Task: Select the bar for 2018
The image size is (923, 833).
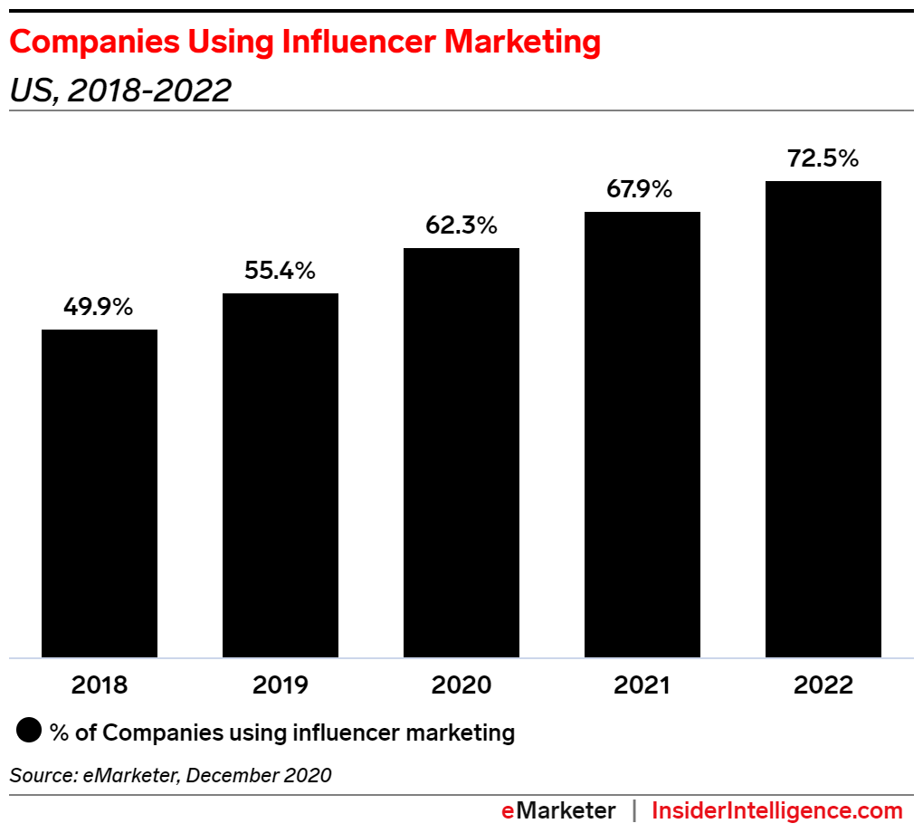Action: [100, 493]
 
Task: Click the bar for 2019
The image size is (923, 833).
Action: [281, 475]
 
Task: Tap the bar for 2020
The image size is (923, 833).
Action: [461, 453]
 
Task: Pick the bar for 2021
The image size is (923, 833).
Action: [642, 435]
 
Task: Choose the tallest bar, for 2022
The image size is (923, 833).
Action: [823, 419]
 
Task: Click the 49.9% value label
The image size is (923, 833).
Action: [99, 307]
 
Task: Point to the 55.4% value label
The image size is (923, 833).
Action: [280, 271]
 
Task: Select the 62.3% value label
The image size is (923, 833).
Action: [461, 225]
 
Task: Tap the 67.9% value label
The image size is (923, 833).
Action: [642, 189]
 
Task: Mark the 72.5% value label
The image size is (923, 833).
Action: [823, 158]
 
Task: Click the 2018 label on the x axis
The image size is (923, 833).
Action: [100, 685]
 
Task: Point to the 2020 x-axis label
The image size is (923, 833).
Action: [461, 685]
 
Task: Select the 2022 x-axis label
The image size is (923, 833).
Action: [823, 685]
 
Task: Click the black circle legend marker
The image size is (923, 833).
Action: [30, 732]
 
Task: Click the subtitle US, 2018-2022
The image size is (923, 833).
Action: [120, 90]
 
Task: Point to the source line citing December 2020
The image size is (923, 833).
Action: [171, 775]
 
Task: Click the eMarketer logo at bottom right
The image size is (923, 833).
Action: [558, 810]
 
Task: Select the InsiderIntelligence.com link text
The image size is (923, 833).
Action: [777, 810]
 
